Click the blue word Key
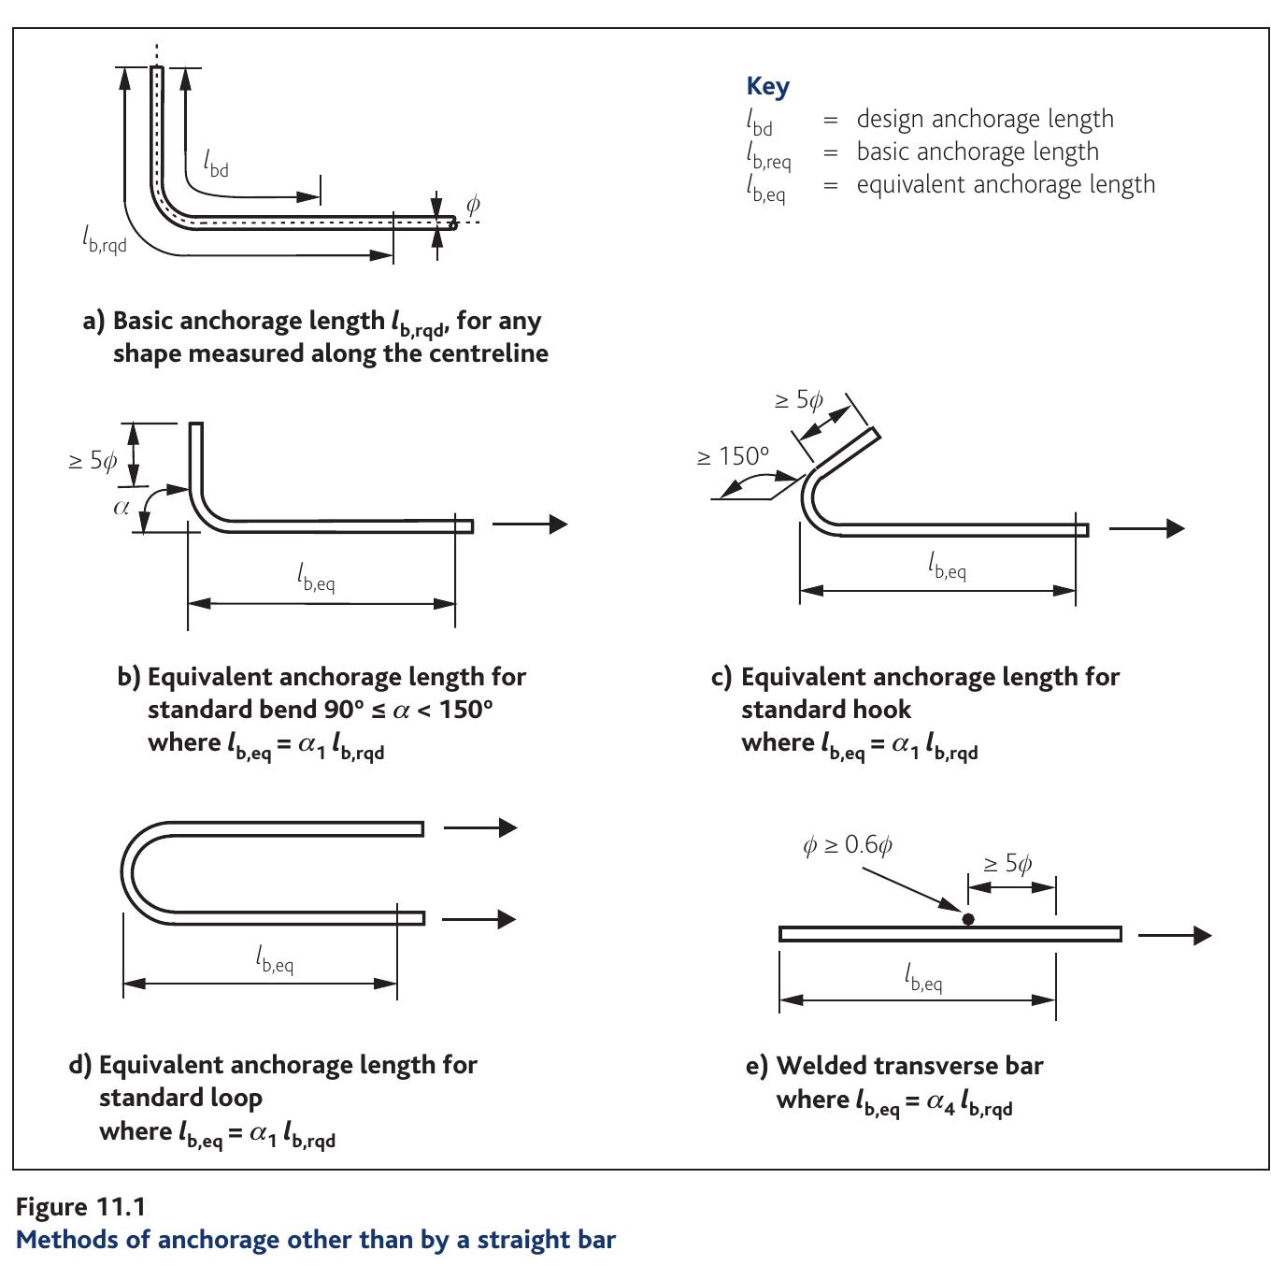pos(767,86)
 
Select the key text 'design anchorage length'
pos(985,119)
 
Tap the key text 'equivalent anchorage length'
pos(1006,184)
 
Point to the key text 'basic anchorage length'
pos(978,151)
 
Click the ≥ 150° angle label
pos(734,456)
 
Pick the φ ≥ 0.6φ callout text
pos(848,845)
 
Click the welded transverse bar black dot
pos(968,919)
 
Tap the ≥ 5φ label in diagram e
pos(1007,863)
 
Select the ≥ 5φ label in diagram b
pos(93,461)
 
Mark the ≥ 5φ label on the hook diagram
pos(799,400)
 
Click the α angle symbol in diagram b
pos(121,508)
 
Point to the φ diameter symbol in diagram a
pos(473,204)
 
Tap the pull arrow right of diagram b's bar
pos(530,525)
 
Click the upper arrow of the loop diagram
pos(480,827)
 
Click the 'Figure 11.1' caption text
pos(80,1207)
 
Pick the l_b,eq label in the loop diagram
pos(275,959)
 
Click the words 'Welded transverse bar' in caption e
pos(909,1066)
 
